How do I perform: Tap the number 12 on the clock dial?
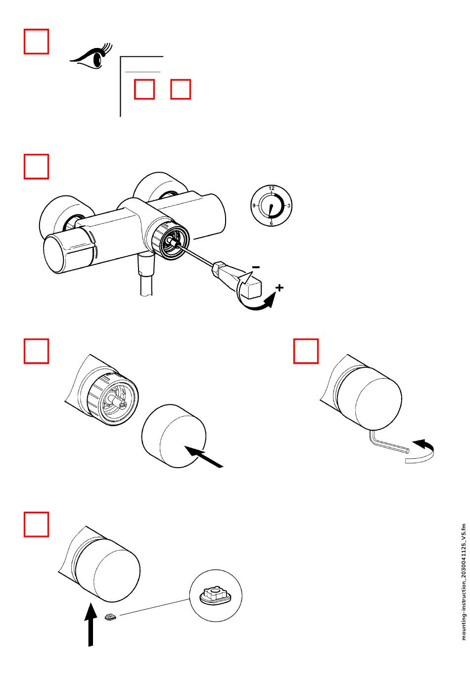(272, 188)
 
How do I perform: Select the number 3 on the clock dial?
(289, 205)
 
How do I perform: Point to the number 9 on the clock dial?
(254, 205)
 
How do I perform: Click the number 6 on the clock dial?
(271, 223)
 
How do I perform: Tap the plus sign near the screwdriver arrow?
(280, 288)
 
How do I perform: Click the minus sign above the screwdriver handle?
(256, 267)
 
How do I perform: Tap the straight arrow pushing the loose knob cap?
(203, 456)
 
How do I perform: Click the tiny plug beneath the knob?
(111, 617)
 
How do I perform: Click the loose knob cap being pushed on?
(174, 436)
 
